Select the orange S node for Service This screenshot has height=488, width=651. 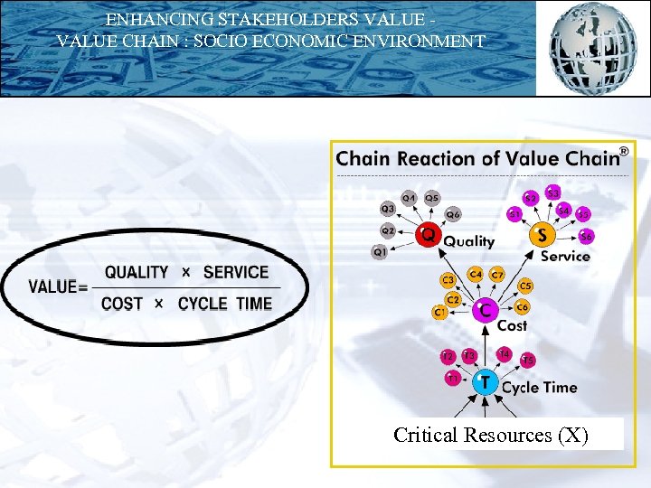click(542, 235)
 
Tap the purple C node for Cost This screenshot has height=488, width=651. click(486, 310)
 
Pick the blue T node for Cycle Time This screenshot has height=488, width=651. click(486, 382)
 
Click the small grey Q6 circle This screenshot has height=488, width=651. click(453, 215)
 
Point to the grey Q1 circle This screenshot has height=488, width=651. click(381, 252)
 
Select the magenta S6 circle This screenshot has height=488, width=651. click(587, 236)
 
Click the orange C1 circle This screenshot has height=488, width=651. click(439, 313)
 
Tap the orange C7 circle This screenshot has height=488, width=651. click(497, 274)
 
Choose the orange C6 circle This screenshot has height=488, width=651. click(523, 307)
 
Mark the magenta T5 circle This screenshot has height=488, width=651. click(528, 361)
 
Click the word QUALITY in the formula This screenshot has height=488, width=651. click(137, 272)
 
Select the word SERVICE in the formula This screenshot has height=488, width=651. click(236, 272)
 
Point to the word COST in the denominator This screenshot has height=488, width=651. click(122, 304)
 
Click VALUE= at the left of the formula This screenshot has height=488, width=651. click(59, 287)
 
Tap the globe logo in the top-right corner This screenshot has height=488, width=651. click(594, 47)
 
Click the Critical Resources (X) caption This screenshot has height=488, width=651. click(491, 435)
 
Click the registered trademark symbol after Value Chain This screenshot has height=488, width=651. click(623, 151)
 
